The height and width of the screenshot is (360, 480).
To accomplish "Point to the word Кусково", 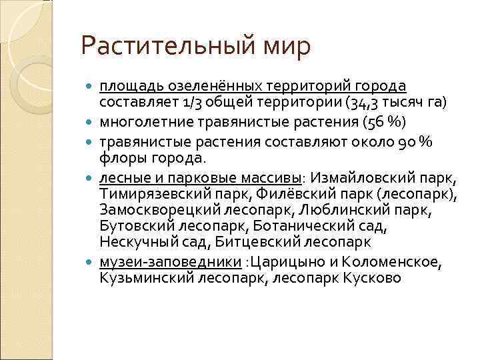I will click(x=373, y=278).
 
